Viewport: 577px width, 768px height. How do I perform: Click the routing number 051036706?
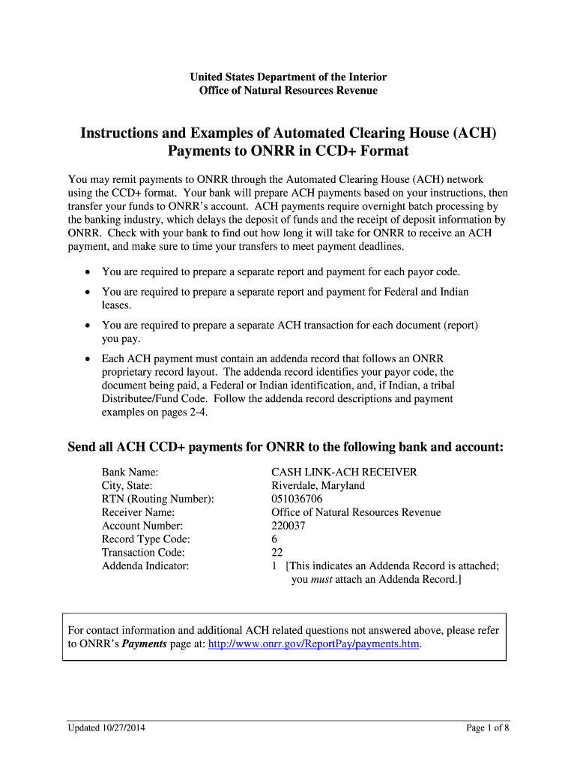[x=297, y=499]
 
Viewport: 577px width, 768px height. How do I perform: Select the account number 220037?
[x=288, y=526]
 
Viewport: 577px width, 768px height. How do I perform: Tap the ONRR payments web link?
[x=313, y=643]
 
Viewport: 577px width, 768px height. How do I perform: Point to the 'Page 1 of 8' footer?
[x=487, y=727]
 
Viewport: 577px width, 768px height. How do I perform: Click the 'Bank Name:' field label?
[x=130, y=472]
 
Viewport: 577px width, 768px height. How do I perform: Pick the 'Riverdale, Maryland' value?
[x=318, y=485]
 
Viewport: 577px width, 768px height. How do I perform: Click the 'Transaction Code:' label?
[x=143, y=553]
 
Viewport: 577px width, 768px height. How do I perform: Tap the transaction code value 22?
[x=277, y=553]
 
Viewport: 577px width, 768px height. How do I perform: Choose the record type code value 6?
[x=274, y=539]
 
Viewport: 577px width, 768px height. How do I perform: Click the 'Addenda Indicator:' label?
[x=145, y=566]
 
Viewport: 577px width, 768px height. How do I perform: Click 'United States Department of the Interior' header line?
[x=288, y=77]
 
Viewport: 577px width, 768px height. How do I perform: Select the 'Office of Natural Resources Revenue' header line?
[x=288, y=91]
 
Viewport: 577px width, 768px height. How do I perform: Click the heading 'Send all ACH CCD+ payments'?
[x=286, y=447]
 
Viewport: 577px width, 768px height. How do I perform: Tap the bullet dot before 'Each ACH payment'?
[x=88, y=359]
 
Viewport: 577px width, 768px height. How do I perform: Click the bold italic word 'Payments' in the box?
[x=145, y=643]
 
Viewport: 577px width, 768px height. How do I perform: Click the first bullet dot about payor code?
[x=88, y=271]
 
